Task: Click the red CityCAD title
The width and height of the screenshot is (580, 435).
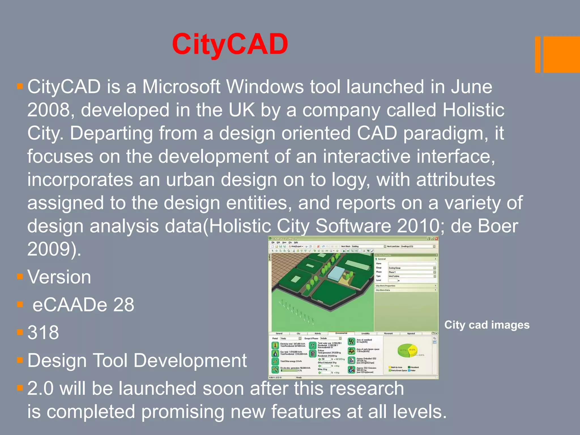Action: coord(230,44)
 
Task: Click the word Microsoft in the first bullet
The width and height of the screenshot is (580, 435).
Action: coord(181,87)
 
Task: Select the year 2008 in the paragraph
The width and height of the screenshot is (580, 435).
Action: coord(48,110)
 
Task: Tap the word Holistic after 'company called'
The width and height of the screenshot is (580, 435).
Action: coord(473,110)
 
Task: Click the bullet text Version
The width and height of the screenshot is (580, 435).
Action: coord(59,277)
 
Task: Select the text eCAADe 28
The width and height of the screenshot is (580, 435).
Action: coord(83,305)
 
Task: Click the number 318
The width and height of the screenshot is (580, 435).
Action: coord(43,332)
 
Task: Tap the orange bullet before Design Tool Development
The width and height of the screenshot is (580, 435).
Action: coord(20,360)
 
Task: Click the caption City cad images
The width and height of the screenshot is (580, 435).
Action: coord(487,325)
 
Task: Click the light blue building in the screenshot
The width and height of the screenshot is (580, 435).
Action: coord(336,273)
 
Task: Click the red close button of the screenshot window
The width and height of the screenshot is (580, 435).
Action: coord(436,239)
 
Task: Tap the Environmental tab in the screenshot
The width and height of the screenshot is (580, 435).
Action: coord(341,333)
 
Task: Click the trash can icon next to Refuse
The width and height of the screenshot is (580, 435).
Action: coord(312,353)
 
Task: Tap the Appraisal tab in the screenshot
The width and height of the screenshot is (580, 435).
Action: coord(411,333)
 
